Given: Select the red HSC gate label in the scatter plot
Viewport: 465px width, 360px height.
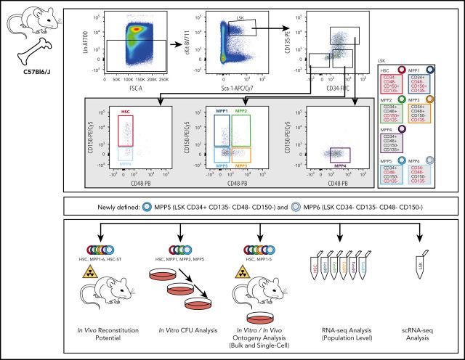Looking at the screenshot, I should [126, 111].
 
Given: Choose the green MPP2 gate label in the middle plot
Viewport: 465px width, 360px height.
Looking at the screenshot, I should [242, 111].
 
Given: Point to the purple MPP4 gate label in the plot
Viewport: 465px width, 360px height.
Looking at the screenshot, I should [339, 166].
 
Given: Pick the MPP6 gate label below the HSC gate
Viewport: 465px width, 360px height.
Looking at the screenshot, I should [126, 165].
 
